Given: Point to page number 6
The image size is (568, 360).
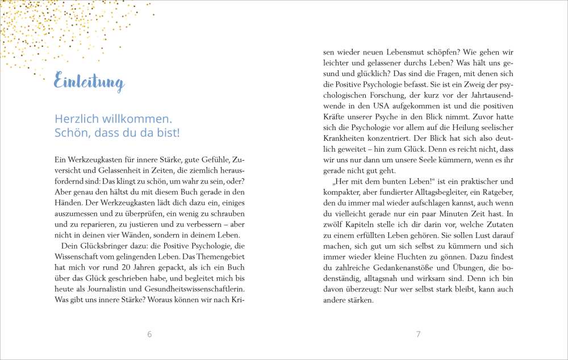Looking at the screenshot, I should click(149, 334).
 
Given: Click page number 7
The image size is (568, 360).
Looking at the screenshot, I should click(418, 334).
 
